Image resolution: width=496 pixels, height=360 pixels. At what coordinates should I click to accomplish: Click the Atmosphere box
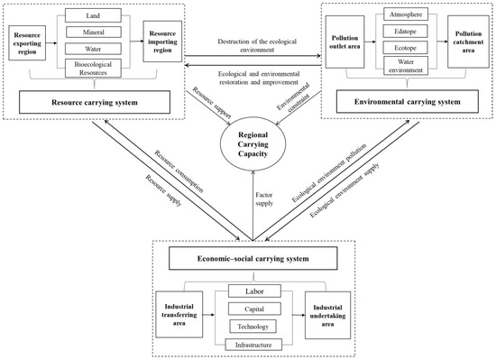pyautogui.click(x=409, y=15)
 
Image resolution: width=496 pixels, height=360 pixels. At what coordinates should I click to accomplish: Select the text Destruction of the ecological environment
pyautogui.click(x=249, y=46)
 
